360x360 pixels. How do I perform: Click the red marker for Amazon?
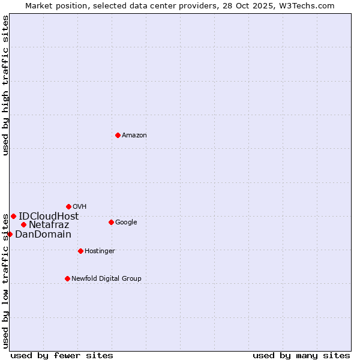(x=118, y=135)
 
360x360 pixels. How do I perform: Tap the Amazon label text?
(x=134, y=136)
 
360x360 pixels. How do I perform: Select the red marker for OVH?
(x=68, y=206)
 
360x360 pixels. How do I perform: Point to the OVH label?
(x=80, y=207)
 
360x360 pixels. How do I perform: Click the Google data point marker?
(x=111, y=222)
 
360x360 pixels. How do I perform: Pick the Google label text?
(x=126, y=223)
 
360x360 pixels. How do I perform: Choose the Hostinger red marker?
(x=80, y=251)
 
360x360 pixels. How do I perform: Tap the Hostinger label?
(x=100, y=251)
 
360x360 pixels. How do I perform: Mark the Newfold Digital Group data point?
(x=67, y=278)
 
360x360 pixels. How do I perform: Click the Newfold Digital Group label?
(x=106, y=279)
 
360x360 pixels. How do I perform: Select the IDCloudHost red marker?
(x=13, y=216)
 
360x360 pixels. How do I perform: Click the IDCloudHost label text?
(x=49, y=217)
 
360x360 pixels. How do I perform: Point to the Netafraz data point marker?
(x=23, y=225)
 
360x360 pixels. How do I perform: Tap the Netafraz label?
(x=49, y=226)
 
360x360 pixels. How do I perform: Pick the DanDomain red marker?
(x=10, y=234)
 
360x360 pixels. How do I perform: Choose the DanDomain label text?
(x=43, y=235)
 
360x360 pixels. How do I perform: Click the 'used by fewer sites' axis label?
(x=62, y=356)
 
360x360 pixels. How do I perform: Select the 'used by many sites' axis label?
(x=301, y=356)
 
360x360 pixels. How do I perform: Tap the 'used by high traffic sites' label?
(x=5, y=85)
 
